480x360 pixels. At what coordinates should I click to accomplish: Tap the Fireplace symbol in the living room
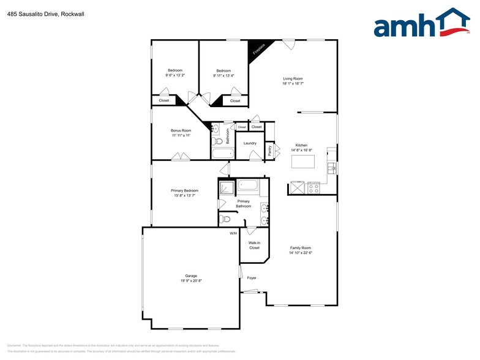click(x=258, y=49)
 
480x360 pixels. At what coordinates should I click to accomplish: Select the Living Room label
click(x=293, y=78)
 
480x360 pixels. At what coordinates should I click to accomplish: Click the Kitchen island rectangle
click(x=302, y=161)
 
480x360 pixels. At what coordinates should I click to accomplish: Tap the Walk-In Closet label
click(x=254, y=246)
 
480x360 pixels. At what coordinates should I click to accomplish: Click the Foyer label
click(x=252, y=278)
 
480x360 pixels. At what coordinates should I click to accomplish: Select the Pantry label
click(x=270, y=151)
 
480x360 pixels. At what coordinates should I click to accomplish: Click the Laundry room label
click(x=250, y=143)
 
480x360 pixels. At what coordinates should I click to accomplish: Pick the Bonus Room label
click(x=181, y=130)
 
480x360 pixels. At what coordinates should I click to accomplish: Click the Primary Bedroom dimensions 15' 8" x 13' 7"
click(x=184, y=195)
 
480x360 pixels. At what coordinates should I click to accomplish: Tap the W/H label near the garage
click(x=233, y=233)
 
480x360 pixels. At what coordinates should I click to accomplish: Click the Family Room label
click(x=301, y=248)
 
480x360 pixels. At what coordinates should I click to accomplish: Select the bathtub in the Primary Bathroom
click(x=248, y=184)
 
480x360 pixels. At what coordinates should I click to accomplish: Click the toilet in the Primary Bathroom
click(x=225, y=219)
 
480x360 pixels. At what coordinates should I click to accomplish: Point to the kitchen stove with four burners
click(x=313, y=188)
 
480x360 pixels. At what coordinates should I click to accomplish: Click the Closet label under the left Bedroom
click(x=163, y=100)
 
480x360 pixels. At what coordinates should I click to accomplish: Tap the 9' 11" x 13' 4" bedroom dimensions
click(x=223, y=75)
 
